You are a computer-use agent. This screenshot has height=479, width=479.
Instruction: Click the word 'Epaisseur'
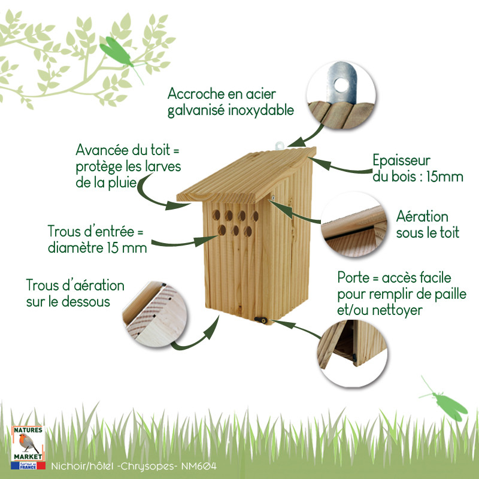(401, 160)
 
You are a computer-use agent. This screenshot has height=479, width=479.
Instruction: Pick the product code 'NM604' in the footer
(199, 466)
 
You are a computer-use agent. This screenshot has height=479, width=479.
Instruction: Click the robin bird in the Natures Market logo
(28, 443)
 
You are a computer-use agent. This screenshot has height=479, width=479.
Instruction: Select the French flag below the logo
(28, 466)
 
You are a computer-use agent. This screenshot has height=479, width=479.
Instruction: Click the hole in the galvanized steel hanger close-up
(341, 85)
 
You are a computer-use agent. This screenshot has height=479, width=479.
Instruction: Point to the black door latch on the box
(260, 320)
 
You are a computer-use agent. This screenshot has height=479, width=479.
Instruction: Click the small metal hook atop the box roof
(279, 145)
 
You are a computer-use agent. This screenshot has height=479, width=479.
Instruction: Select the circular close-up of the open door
(352, 354)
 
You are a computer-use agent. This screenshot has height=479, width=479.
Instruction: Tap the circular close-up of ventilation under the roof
(354, 225)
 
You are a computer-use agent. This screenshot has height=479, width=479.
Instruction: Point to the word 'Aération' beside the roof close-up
(422, 217)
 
